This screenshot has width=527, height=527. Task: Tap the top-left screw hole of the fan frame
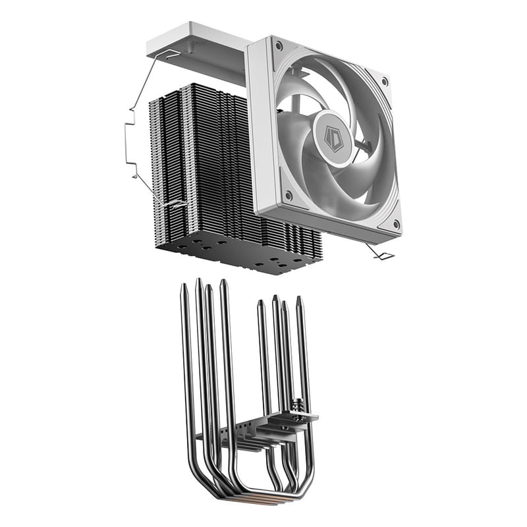pyautogui.click(x=279, y=46)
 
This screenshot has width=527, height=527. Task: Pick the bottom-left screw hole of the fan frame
pyautogui.click(x=288, y=194)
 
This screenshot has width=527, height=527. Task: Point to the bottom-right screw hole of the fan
pyautogui.click(x=395, y=224)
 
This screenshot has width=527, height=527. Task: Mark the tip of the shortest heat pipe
pyautogui.click(x=261, y=304)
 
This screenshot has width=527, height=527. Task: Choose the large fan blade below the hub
pyautogui.click(x=343, y=181)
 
